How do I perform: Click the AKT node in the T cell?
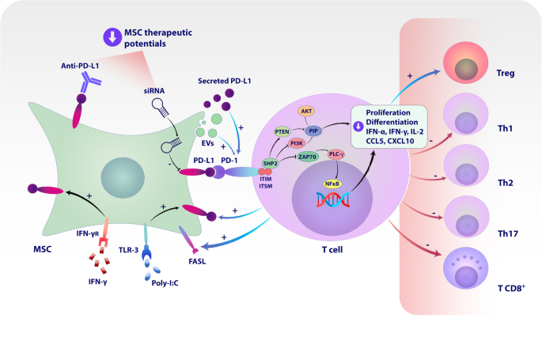coord(306,112)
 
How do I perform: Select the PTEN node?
coord(282,131)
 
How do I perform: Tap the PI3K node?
coord(298,143)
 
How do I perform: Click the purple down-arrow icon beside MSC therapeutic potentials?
coord(112,36)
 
